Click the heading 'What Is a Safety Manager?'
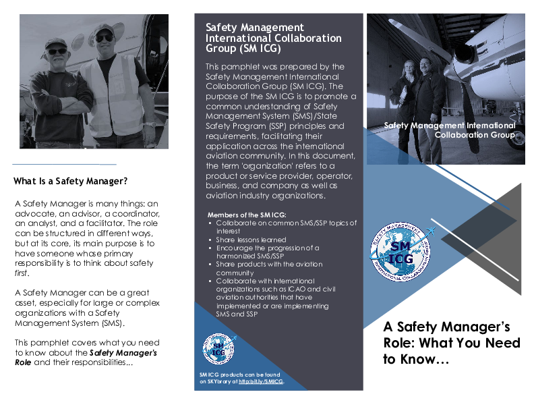(x=71, y=181)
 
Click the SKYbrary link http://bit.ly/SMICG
(x=261, y=382)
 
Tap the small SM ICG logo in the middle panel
(x=218, y=348)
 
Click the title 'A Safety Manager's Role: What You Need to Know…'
(x=452, y=343)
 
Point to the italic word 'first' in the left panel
(x=22, y=274)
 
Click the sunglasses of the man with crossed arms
(x=57, y=51)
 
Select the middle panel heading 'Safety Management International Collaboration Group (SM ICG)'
(x=273, y=38)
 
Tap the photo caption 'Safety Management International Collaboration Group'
(x=449, y=130)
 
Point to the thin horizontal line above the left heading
(x=64, y=164)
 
